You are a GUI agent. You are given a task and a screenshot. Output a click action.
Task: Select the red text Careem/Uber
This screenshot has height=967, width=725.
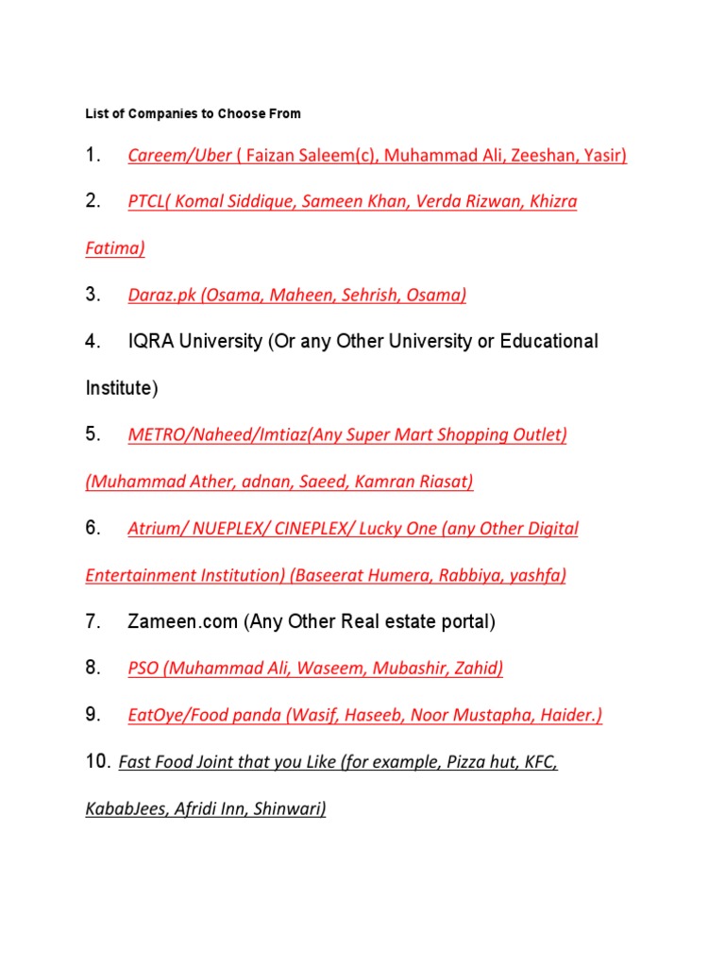tap(179, 156)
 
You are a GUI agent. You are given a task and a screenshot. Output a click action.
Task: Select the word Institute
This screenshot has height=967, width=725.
tap(118, 388)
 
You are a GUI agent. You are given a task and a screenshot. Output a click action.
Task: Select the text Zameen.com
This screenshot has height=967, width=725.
tap(182, 621)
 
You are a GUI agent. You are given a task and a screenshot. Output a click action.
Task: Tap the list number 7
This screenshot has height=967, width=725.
tap(93, 621)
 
